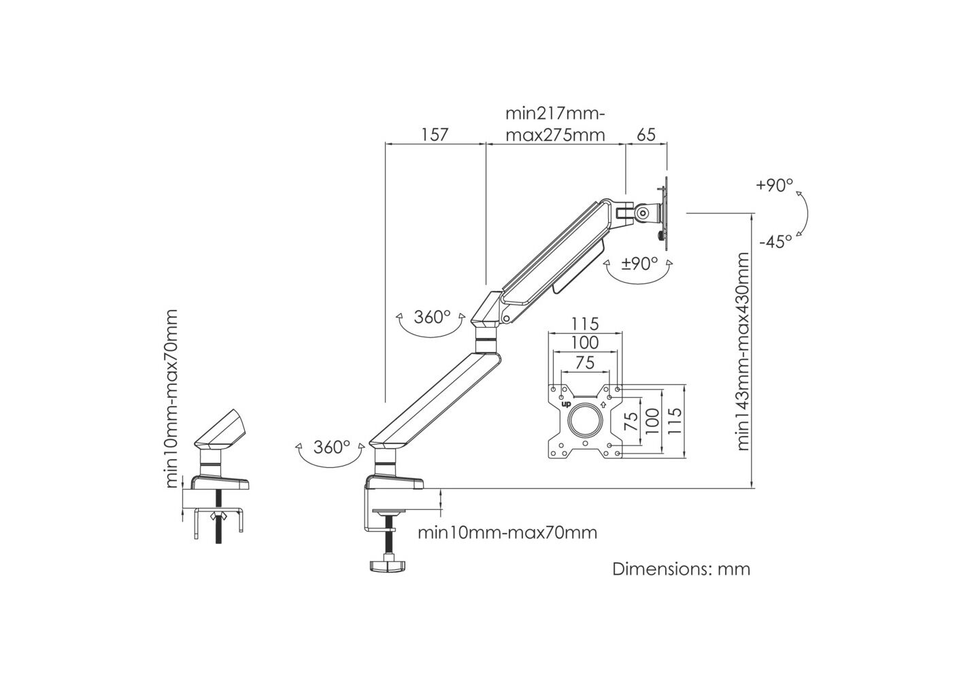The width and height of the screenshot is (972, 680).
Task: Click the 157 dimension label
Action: click(x=435, y=135)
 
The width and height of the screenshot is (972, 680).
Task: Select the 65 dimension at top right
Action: click(x=646, y=135)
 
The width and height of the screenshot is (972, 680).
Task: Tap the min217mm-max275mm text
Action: click(x=555, y=123)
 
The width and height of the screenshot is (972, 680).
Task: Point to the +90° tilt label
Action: click(x=774, y=186)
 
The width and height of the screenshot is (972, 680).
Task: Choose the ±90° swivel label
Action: click(x=639, y=263)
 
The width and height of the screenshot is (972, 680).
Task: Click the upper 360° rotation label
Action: click(x=433, y=318)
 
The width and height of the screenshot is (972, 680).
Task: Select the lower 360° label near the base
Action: click(x=332, y=447)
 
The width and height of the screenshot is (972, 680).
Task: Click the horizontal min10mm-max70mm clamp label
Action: click(x=507, y=532)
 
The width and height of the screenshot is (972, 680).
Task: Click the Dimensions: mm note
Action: click(x=682, y=568)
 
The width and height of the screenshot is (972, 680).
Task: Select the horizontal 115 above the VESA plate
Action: click(x=585, y=324)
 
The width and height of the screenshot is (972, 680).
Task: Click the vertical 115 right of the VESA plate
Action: click(x=673, y=421)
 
